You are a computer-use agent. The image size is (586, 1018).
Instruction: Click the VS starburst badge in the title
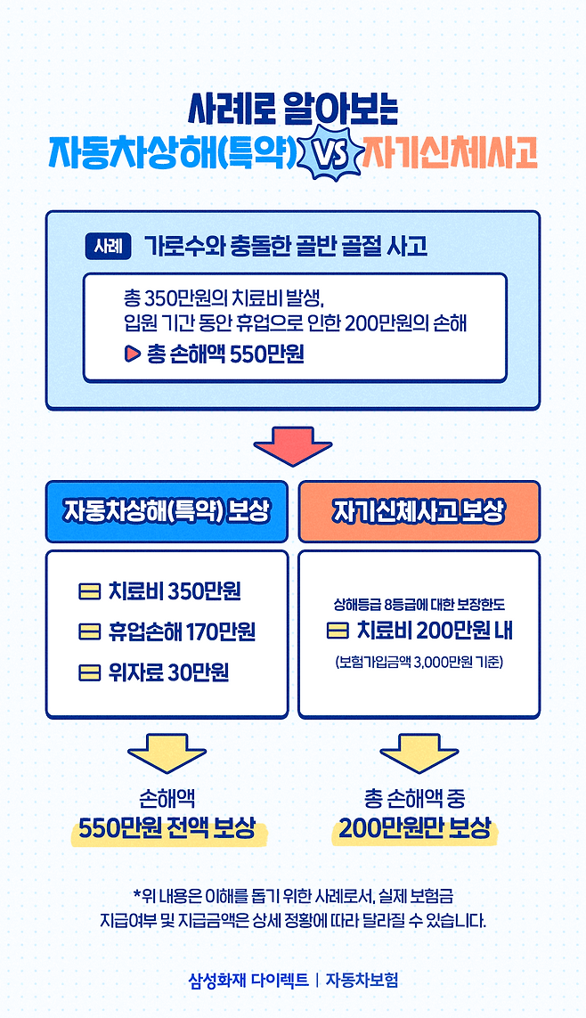point(328,154)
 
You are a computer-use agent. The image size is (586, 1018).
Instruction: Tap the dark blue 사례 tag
point(109,245)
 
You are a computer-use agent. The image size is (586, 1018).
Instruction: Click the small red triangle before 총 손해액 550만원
point(133,354)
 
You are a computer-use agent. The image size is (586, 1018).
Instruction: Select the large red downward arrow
point(293,447)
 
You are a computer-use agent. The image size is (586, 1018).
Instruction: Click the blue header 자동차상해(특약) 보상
point(167,511)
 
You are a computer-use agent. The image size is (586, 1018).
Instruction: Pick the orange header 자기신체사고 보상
point(419,511)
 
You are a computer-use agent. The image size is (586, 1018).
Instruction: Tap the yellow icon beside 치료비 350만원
point(89,591)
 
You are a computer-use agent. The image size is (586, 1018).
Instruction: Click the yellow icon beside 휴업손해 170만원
point(89,631)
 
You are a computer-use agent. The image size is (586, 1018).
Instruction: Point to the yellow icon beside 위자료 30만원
point(89,672)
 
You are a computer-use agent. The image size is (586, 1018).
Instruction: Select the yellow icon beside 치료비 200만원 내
point(338,631)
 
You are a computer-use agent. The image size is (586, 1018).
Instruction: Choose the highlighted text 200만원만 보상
point(414,829)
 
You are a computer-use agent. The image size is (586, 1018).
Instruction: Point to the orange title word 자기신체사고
point(449,154)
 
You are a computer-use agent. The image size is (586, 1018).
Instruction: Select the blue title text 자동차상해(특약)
point(173,154)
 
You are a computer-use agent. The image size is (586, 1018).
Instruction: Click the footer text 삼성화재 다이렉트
point(248,980)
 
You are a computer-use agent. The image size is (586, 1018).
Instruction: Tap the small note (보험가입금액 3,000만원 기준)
point(419,663)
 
